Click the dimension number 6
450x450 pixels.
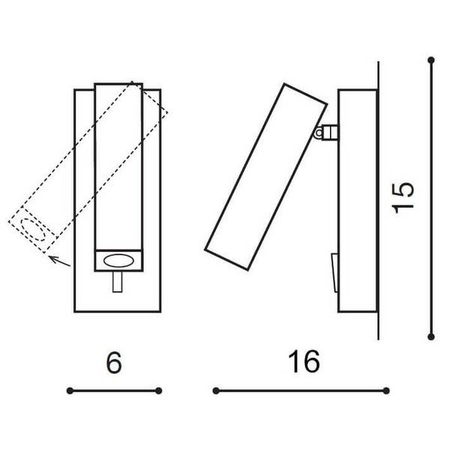113,363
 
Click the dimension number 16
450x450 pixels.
303,361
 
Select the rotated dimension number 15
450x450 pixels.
403,197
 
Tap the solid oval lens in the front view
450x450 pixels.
119,260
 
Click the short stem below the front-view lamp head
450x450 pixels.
118,283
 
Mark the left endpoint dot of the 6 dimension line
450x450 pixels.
69,390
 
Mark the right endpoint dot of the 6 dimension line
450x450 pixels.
159,390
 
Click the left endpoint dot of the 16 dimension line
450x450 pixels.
216,390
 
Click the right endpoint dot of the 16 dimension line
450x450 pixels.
387,390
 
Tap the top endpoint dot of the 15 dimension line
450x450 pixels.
431,59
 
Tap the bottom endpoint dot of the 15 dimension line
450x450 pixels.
431,336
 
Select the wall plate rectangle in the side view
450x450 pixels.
357,200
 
